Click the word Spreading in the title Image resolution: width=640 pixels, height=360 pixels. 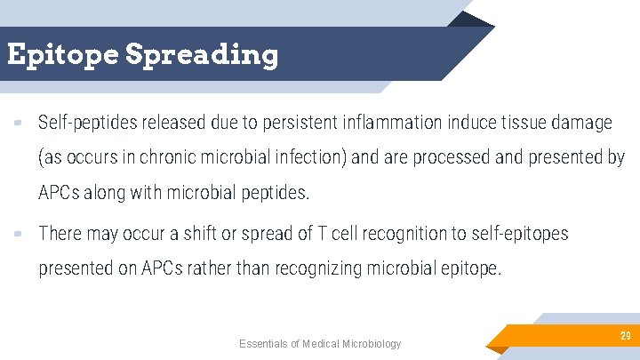tap(202, 55)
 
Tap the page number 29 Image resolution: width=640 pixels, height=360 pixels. tap(625, 335)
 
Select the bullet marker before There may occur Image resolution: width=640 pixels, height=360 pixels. tap(18, 233)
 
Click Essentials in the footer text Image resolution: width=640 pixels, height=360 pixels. tap(264, 344)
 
